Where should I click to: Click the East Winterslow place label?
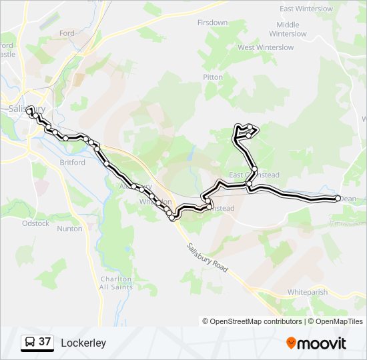tap(306, 9)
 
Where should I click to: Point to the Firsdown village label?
tap(212, 22)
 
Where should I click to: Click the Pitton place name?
tap(213, 77)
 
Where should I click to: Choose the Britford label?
tap(72, 162)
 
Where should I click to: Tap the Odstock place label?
tap(35, 223)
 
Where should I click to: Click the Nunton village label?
tap(70, 229)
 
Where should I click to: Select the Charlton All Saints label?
tap(115, 283)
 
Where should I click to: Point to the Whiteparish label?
tap(309, 292)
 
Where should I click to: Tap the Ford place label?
tap(67, 33)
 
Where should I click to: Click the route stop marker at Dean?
tap(338, 198)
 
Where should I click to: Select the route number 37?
tap(45, 342)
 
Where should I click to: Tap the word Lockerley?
tap(83, 343)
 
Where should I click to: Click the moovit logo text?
tap(322, 343)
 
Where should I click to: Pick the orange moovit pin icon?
tap(291, 343)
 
